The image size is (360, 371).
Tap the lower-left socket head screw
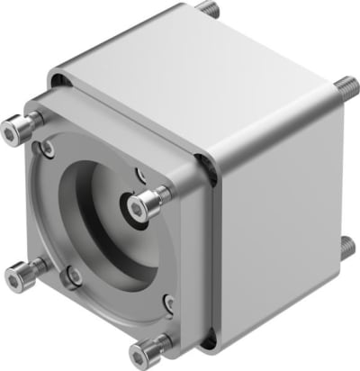tap(15, 272)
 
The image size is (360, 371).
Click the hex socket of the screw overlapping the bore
tap(136, 208)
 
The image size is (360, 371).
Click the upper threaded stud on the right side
tap(346, 88)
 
